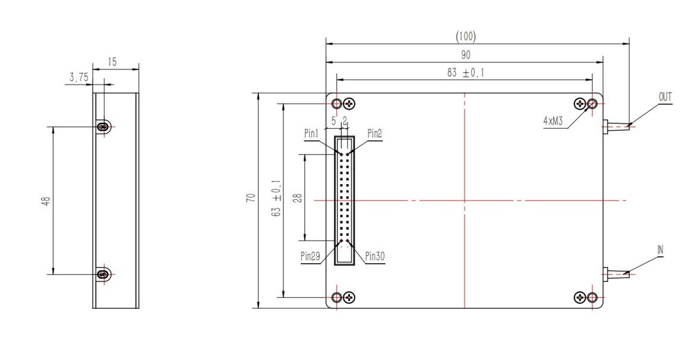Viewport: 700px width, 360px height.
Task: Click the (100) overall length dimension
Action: pos(465,37)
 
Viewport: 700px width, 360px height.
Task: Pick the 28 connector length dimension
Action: pos(297,197)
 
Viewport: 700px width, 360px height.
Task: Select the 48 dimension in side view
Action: pos(46,200)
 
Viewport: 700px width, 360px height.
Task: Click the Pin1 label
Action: pos(312,134)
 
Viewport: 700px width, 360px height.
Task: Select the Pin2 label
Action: pos(374,134)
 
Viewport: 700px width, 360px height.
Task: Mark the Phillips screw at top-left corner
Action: pos(350,104)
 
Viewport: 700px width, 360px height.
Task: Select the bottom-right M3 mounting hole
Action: pos(592,297)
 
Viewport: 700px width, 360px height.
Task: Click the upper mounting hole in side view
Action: pos(104,127)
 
